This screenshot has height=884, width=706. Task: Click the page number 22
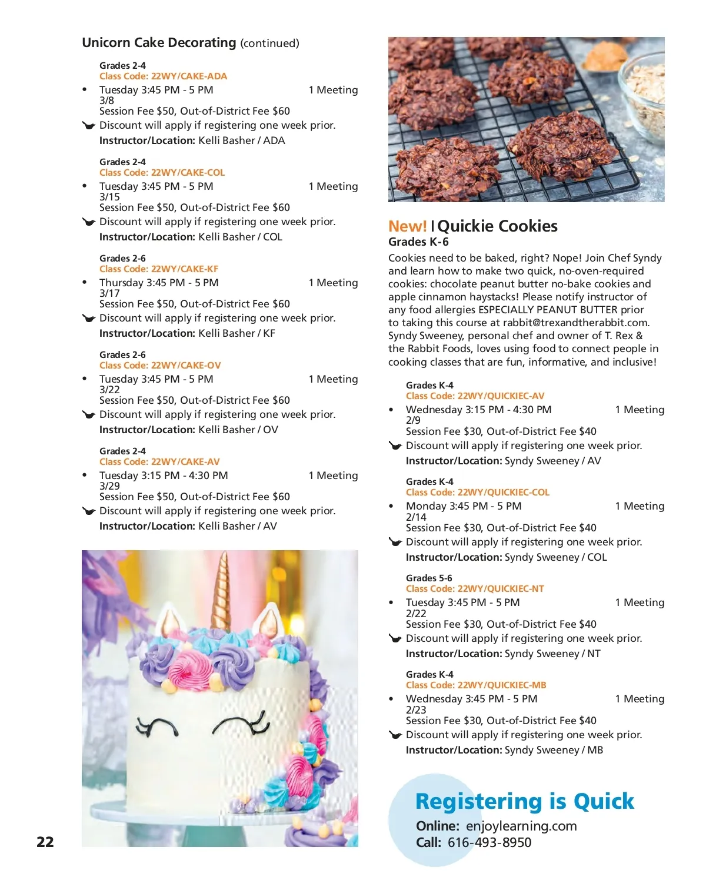click(45, 842)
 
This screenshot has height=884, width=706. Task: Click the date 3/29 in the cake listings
click(109, 486)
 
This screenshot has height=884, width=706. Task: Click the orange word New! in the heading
click(407, 226)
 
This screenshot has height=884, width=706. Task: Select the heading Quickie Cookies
click(498, 226)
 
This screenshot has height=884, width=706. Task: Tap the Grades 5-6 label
click(429, 578)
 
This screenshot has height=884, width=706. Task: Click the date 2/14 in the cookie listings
click(416, 517)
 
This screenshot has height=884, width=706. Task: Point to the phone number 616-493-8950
click(489, 842)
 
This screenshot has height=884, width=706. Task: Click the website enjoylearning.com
click(521, 826)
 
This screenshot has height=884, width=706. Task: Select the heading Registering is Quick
click(525, 801)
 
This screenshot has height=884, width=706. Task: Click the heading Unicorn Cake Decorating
click(159, 43)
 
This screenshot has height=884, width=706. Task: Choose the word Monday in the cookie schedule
click(426, 506)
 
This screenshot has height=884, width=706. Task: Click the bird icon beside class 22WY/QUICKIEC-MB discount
click(395, 735)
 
